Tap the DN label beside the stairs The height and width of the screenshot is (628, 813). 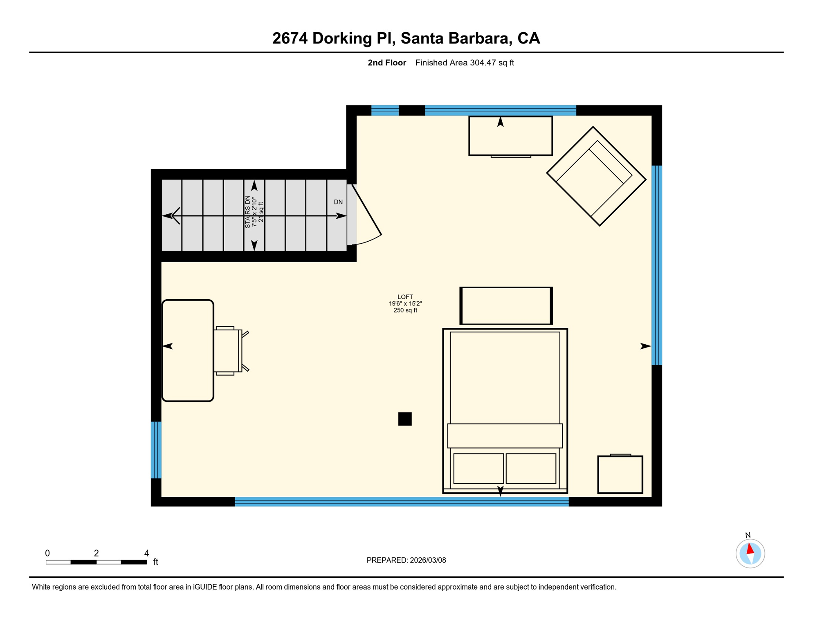click(338, 202)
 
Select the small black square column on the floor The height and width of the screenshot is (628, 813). click(405, 419)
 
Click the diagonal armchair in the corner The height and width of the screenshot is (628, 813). click(596, 176)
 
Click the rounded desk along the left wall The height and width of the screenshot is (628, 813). click(188, 350)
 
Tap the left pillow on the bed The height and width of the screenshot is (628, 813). click(478, 468)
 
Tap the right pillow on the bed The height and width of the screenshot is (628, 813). click(531, 468)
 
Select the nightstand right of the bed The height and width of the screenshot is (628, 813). click(620, 474)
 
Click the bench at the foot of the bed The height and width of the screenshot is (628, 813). click(506, 306)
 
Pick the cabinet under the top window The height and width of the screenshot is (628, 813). click(510, 136)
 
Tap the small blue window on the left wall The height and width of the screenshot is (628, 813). click(156, 450)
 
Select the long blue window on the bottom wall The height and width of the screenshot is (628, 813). click(401, 502)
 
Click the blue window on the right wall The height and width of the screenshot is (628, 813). click(656, 265)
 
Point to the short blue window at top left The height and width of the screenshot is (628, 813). click(385, 110)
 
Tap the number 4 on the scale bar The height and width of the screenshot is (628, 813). click(146, 553)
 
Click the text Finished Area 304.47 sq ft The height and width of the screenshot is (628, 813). click(464, 63)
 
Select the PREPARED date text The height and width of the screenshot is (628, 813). click(406, 560)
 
